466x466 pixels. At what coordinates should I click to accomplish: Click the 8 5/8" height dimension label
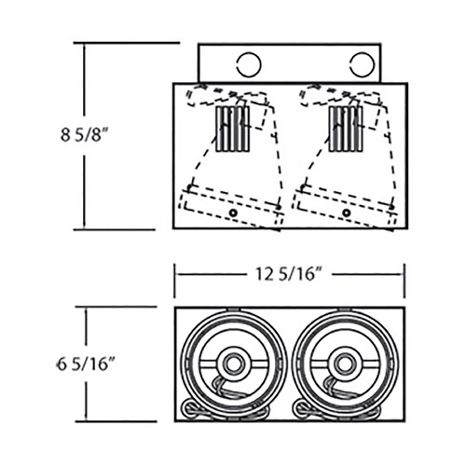[x=84, y=135]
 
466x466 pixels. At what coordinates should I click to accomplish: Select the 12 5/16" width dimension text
[x=288, y=274]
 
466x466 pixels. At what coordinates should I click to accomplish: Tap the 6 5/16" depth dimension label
[x=86, y=363]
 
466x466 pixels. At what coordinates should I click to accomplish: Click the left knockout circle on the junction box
[x=249, y=64]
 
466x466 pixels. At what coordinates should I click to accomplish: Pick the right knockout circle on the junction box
[x=363, y=64]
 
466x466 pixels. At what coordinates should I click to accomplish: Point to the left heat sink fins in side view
[x=232, y=129]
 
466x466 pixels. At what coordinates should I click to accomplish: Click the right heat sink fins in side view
[x=346, y=129]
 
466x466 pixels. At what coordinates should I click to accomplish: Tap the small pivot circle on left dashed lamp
[x=233, y=212]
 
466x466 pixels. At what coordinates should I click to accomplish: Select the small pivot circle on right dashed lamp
[x=346, y=212]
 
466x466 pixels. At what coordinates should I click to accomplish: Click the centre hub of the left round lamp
[x=233, y=363]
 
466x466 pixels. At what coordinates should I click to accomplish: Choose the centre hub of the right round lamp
[x=344, y=363]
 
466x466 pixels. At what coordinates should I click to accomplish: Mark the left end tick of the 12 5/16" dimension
[x=174, y=281]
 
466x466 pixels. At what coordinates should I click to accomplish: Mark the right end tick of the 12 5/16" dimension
[x=404, y=281]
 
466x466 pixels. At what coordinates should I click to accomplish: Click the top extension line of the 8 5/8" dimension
[x=127, y=43]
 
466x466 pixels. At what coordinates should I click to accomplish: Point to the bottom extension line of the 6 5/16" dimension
[x=116, y=421]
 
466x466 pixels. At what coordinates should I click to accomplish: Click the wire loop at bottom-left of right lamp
[x=301, y=407]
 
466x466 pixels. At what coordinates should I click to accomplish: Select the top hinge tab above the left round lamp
[x=233, y=309]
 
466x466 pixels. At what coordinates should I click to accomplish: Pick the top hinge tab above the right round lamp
[x=345, y=309]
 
